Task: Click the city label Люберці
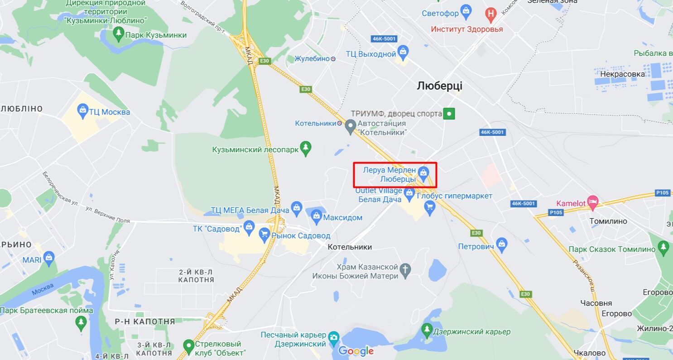tap(439, 86)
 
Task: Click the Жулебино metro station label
tap(312, 58)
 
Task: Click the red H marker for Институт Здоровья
tap(491, 14)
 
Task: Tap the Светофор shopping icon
tap(466, 10)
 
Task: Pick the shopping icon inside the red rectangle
tap(423, 172)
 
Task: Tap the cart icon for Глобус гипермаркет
tap(429, 206)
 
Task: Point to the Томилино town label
tap(608, 221)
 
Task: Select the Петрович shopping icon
tap(501, 245)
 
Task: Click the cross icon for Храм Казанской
tap(405, 270)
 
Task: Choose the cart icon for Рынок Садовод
tap(264, 234)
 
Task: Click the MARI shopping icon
tap(48, 258)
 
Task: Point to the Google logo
tap(356, 351)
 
